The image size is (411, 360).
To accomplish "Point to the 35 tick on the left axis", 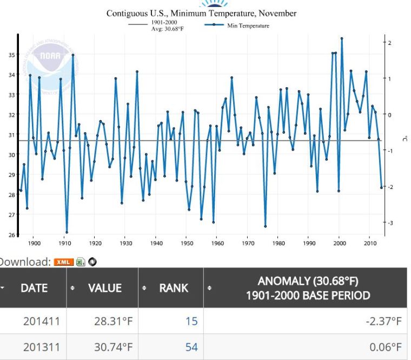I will [12, 55].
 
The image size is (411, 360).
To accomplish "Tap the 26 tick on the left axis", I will [12, 235].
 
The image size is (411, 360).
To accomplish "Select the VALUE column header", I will [105, 288].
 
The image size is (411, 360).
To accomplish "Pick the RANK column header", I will [174, 288].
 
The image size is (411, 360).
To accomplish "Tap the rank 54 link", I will [191, 347].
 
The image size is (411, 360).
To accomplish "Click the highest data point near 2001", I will [342, 38].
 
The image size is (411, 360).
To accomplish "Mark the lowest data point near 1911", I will [67, 232].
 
